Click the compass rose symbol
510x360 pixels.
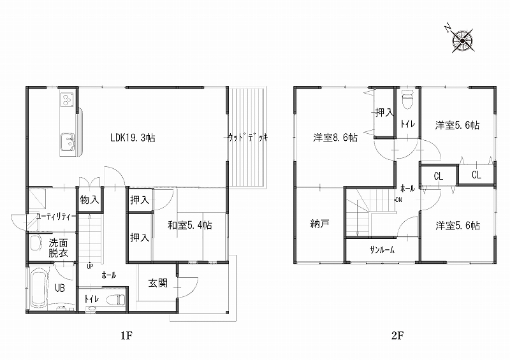pos(462,41)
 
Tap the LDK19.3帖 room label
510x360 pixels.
pos(133,138)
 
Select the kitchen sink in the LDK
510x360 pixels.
pos(68,142)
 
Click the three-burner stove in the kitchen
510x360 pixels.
pos(68,99)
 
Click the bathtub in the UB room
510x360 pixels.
pos(39,288)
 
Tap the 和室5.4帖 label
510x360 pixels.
pos(190,225)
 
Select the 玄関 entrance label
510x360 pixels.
pos(157,283)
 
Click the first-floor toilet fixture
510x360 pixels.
pos(116,299)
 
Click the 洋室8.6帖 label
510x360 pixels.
pos(335,138)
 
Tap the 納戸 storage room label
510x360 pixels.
pos(320,224)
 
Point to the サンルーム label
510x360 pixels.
pos(382,250)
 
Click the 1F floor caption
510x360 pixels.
pos(126,335)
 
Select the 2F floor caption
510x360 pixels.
pos(397,335)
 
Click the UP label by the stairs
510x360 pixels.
pos(90,266)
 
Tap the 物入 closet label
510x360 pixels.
pos(89,199)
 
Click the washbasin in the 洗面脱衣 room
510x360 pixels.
pos(36,243)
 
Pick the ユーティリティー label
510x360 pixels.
pos(56,216)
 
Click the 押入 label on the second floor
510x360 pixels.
pos(384,113)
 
